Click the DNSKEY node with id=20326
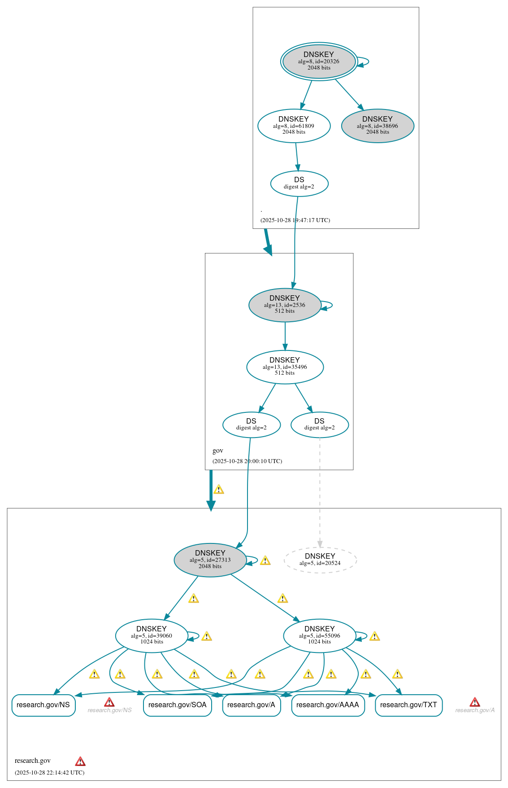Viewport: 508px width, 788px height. pyautogui.click(x=319, y=61)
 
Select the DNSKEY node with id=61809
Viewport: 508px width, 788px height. pyautogui.click(x=294, y=126)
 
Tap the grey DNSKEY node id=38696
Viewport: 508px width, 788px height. pyautogui.click(x=378, y=126)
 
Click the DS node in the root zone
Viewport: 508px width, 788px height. pyautogui.click(x=299, y=183)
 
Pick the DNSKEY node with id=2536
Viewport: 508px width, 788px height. pyautogui.click(x=285, y=305)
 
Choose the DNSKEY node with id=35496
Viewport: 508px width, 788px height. pyautogui.click(x=285, y=367)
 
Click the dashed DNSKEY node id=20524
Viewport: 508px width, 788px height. pyautogui.click(x=320, y=560)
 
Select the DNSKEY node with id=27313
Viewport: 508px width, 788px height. pyautogui.click(x=210, y=560)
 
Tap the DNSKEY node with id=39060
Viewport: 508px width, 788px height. pyautogui.click(x=152, y=635)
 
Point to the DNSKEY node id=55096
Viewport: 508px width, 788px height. pyautogui.click(x=319, y=635)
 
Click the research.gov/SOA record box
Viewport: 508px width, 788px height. pyautogui.click(x=177, y=705)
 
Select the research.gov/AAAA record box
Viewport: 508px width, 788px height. pyautogui.click(x=328, y=705)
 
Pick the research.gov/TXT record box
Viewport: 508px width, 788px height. pyautogui.click(x=408, y=705)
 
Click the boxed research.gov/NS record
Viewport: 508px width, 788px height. pyautogui.click(x=43, y=705)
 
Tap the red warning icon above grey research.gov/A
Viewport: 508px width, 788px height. pyautogui.click(x=475, y=702)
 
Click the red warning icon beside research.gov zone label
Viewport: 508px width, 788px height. pyautogui.click(x=80, y=761)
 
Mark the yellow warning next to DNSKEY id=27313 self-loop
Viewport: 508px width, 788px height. pyautogui.click(x=265, y=560)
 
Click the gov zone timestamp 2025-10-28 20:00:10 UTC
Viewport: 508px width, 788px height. pyautogui.click(x=247, y=461)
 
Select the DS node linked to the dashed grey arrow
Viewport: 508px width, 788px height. pyautogui.click(x=319, y=425)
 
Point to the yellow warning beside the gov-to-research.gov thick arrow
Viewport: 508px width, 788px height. pyautogui.click(x=219, y=489)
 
